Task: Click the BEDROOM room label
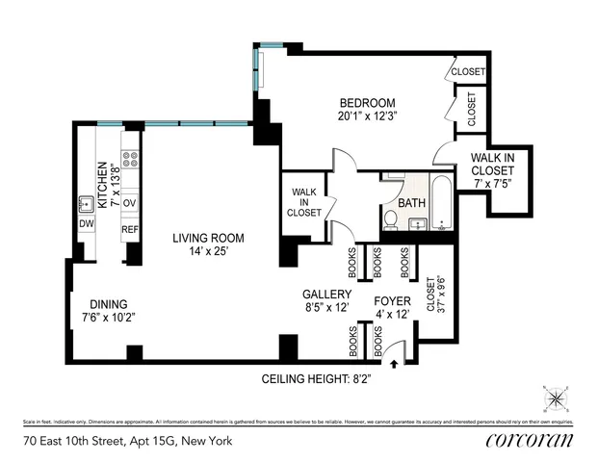tap(367, 103)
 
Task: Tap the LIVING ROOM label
tap(208, 238)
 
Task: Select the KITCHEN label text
tap(100, 179)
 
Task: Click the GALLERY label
tap(325, 294)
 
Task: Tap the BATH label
tap(411, 203)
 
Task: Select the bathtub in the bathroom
tap(442, 204)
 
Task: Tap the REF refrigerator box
tap(130, 230)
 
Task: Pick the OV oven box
tap(130, 203)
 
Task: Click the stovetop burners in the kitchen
tap(130, 159)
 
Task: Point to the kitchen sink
tap(86, 203)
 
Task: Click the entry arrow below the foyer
tap(395, 363)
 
